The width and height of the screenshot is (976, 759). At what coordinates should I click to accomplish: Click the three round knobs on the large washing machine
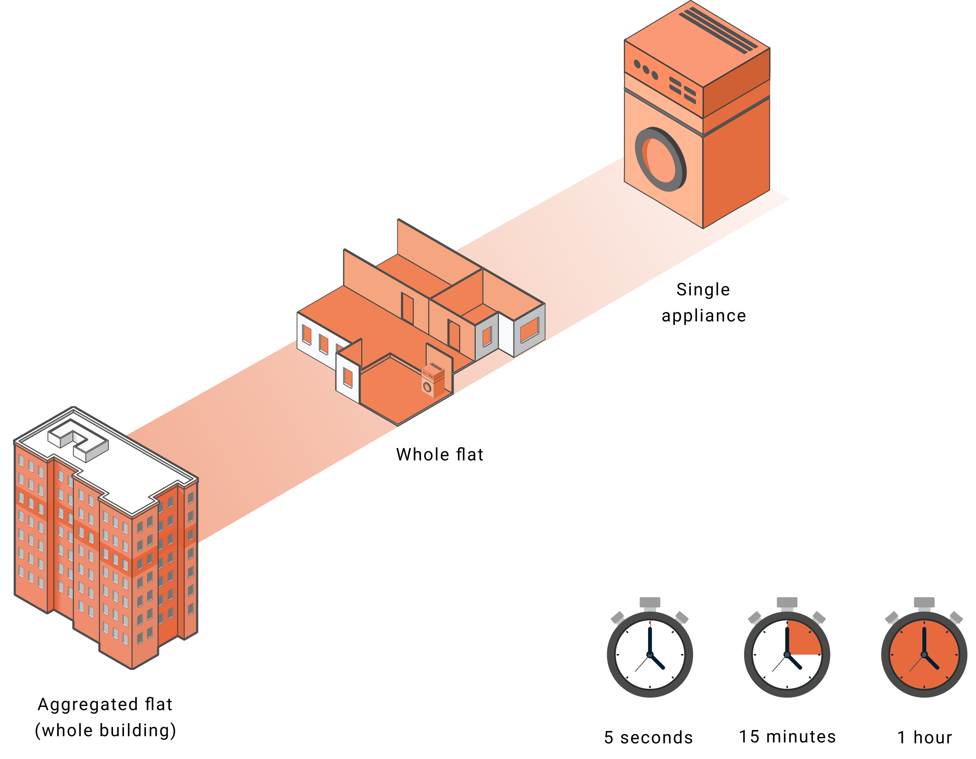(x=646, y=69)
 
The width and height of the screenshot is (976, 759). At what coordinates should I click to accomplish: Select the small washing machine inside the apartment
(x=433, y=380)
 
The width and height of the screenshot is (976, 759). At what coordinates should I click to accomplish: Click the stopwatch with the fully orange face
(x=924, y=654)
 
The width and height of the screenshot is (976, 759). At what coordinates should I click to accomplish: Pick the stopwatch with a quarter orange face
(x=787, y=654)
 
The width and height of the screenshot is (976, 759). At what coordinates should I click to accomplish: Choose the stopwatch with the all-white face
(x=650, y=654)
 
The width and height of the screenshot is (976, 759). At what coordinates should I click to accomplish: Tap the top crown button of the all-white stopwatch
(x=650, y=603)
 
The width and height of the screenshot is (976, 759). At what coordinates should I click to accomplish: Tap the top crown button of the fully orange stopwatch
(x=924, y=603)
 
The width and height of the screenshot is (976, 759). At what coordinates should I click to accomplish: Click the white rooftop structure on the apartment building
(x=78, y=440)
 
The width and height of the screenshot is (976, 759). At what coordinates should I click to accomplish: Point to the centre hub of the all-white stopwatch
(x=650, y=654)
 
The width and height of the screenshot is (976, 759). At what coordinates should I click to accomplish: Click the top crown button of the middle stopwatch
(x=787, y=603)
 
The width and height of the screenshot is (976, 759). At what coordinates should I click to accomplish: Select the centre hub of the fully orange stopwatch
(x=924, y=654)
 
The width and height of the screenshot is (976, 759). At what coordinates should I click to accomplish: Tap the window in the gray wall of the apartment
(x=487, y=336)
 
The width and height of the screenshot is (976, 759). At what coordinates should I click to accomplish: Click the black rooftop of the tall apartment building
(x=134, y=473)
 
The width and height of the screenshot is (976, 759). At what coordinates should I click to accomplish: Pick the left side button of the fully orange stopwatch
(x=892, y=618)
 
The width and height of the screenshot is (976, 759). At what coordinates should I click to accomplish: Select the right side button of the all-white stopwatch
(x=681, y=618)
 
